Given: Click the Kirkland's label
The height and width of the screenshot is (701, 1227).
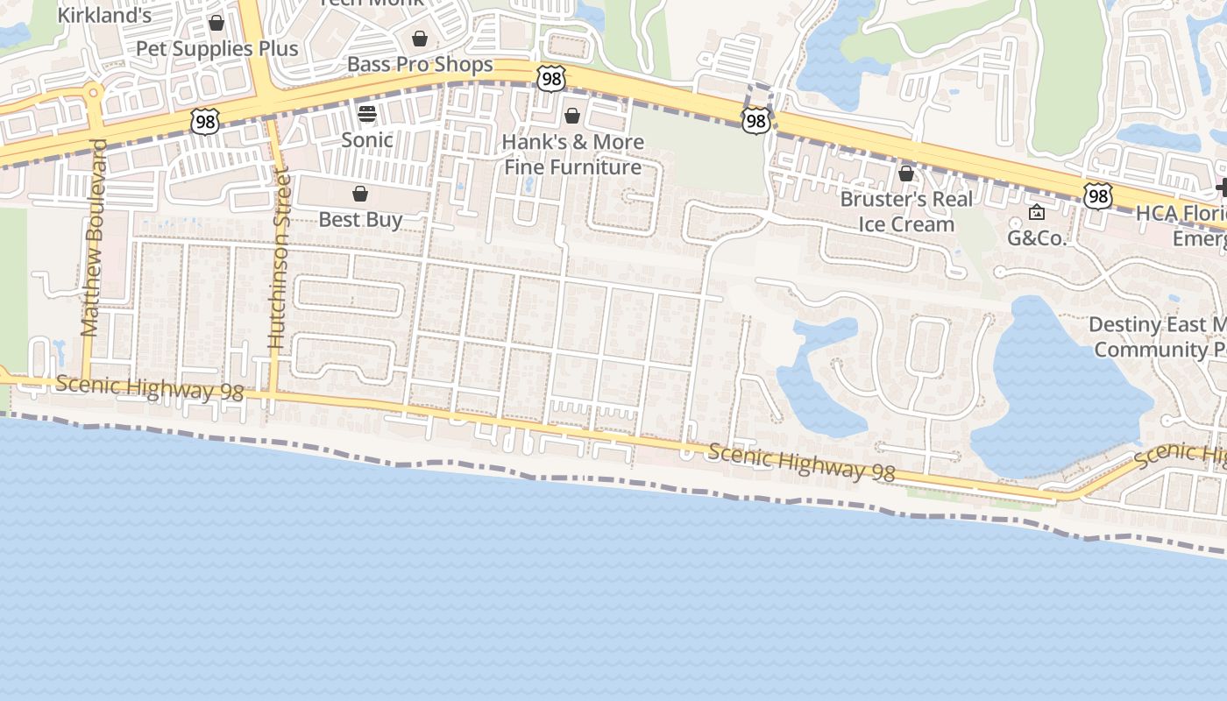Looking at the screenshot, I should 104,15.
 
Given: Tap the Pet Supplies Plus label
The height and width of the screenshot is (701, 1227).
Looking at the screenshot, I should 216,48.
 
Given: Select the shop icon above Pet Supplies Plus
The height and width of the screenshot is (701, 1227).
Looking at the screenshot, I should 216,23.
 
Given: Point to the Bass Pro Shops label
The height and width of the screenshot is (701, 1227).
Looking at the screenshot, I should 420,64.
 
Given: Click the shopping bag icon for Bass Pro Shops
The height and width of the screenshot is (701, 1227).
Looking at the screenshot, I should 420,39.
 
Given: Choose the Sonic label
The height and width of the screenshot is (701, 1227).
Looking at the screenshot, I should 366,139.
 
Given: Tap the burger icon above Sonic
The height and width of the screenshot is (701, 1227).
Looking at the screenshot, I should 366,114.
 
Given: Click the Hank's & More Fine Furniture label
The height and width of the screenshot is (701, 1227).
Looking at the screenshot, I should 573,154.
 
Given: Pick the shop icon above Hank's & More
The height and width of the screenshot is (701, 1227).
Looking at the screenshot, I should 572,116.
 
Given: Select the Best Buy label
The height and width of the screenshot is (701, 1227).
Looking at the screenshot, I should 360,219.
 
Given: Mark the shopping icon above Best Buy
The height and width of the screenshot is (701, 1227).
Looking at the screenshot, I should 360,194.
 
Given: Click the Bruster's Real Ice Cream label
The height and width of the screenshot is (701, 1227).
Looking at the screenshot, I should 906,211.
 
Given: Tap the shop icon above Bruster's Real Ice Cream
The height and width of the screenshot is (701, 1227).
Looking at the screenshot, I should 906,173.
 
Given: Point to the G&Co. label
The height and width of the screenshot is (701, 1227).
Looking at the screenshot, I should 1037,237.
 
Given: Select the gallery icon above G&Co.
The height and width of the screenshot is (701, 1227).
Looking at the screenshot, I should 1037,212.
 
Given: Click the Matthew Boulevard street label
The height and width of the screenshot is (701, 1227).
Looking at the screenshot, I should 93,237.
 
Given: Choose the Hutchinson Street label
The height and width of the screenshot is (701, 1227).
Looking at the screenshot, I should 280,258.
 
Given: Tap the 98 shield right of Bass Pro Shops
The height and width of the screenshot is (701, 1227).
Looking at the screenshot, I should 551,78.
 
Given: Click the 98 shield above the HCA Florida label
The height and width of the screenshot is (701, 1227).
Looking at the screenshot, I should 1097,195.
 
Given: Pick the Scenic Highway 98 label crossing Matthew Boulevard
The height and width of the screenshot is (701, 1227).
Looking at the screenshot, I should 149,388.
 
